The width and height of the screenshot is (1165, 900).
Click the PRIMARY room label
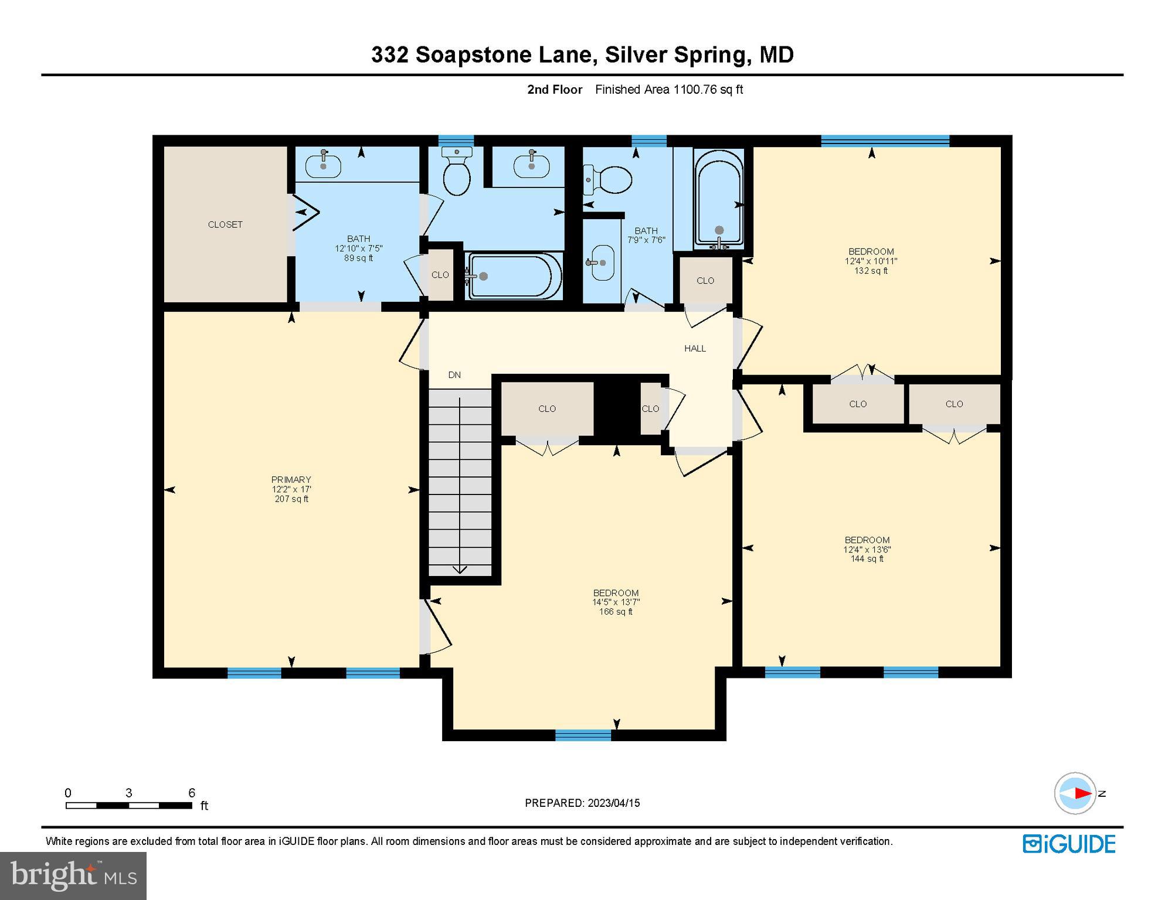291,480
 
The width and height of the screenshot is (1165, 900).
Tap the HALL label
695,349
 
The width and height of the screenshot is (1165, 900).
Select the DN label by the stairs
454,375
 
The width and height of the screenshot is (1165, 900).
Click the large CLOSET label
225,224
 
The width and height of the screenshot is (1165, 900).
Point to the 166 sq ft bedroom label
616,602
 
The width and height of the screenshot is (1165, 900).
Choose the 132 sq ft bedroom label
871,261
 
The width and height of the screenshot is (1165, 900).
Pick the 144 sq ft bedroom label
867,549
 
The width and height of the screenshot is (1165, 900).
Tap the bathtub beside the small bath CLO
510,275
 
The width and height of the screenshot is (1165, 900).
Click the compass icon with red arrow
1075,793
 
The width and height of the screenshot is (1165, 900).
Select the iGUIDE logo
1069,844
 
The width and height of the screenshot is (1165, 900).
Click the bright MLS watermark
73,875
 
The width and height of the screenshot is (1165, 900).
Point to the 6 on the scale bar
192,793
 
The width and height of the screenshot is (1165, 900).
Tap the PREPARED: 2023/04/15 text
582,803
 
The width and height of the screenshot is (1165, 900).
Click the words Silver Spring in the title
677,54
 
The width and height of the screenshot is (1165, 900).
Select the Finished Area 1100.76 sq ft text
669,90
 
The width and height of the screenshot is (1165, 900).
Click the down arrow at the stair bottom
460,568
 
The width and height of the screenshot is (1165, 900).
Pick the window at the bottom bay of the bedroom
583,735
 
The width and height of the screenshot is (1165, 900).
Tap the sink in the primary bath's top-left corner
323,165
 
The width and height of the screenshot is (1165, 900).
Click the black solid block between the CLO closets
616,408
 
